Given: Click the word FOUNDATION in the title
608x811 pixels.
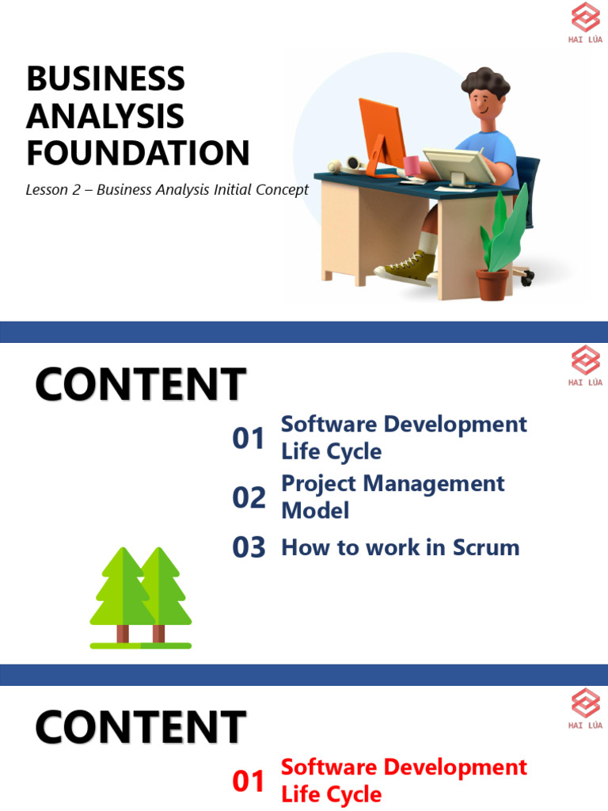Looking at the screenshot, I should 138,153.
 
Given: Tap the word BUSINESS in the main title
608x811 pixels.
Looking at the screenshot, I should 105,79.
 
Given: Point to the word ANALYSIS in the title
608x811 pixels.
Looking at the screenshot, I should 104,116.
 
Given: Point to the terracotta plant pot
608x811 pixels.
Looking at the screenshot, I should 492,284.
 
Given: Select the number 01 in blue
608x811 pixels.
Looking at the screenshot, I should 249,438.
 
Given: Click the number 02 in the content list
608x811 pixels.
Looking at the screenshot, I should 249,497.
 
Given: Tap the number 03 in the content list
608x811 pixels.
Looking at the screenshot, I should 249,547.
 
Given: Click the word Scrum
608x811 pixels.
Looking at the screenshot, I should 486,547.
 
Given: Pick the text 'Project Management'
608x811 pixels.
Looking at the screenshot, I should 393,483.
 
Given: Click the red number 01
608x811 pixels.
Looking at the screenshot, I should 249,782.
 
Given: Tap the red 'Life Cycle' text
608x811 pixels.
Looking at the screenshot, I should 331,794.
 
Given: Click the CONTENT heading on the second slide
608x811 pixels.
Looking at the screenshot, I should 140,386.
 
